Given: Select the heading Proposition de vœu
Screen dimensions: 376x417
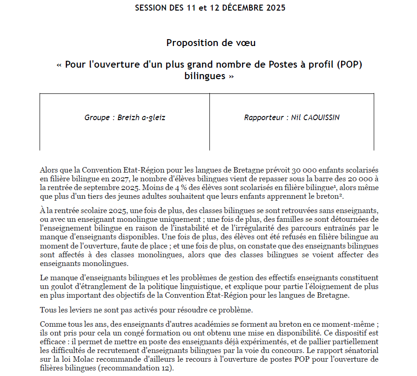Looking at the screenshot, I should point(211,43).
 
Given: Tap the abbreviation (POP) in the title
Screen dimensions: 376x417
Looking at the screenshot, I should point(349,64).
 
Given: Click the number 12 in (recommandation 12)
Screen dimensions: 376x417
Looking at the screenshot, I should point(166,367).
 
